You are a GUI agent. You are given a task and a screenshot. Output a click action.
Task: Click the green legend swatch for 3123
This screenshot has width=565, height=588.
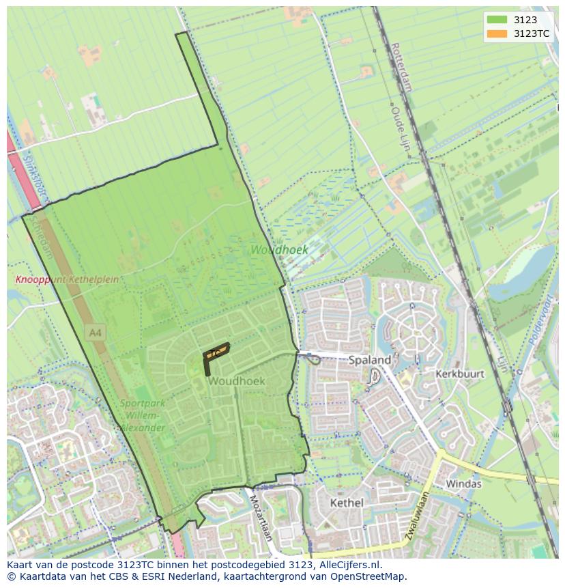(497, 20)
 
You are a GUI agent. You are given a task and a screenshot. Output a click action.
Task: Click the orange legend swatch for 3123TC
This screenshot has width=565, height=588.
(497, 33)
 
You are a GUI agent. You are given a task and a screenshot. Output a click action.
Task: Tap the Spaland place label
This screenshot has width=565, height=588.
(370, 360)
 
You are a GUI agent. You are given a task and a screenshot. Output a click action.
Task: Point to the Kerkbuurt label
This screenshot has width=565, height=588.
(459, 374)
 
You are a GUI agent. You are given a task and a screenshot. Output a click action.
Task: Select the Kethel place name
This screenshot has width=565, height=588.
(347, 503)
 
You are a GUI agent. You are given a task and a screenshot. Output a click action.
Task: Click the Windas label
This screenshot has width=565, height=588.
(463, 484)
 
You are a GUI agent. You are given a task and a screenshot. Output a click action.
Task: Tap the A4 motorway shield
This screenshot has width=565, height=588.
(96, 333)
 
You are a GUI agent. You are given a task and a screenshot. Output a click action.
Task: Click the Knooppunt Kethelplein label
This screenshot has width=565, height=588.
(67, 279)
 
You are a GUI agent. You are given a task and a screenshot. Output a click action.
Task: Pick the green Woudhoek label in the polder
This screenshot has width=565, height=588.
(278, 250)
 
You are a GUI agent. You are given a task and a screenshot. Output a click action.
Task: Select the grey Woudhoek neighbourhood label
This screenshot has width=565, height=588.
(237, 380)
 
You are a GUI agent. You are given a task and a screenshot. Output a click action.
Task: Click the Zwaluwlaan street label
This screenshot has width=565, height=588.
(416, 517)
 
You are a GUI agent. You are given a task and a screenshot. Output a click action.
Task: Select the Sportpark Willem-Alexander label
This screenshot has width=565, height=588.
(143, 415)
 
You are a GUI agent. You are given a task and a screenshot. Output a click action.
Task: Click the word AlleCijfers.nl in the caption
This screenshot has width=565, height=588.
(351, 565)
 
